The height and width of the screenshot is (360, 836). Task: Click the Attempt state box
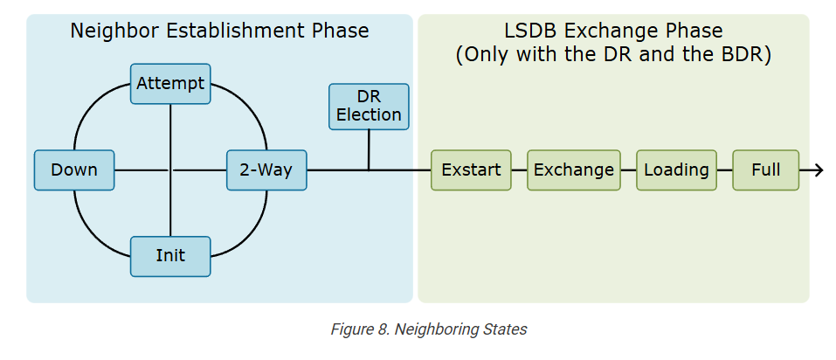170,84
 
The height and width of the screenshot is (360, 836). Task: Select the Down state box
74,170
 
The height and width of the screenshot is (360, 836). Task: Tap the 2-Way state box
266,170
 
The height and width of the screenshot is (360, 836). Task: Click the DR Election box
369,107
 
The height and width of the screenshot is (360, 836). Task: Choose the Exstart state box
471,170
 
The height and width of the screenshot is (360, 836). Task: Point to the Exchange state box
573,170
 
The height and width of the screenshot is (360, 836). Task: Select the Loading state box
676,170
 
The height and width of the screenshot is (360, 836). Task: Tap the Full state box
766,170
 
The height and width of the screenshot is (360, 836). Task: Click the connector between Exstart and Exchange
519,170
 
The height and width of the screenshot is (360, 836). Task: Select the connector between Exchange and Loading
628,170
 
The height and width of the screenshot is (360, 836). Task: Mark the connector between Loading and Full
724,170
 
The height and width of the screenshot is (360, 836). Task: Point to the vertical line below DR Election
369,150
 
